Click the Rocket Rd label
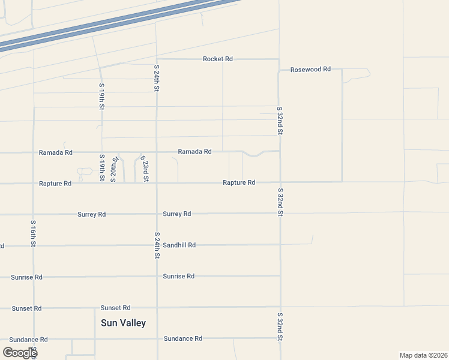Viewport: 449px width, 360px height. tap(217, 59)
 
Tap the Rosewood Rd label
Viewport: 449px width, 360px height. tap(310, 70)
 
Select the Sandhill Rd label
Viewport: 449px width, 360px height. tap(179, 245)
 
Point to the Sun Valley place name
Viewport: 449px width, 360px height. tap(123, 323)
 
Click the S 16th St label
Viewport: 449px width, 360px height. tap(33, 233)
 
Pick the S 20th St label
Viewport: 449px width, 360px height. tap(113, 167)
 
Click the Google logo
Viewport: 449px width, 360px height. tap(19, 353)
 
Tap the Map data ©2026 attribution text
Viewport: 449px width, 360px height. tap(423, 355)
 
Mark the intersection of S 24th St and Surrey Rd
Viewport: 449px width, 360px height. tap(157, 214)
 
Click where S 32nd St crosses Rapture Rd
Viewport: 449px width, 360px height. tap(280, 182)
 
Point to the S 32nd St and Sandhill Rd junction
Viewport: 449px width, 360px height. tap(280, 245)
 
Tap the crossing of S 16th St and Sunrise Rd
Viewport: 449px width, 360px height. tap(34, 277)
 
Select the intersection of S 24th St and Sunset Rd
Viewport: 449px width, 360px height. tap(157, 308)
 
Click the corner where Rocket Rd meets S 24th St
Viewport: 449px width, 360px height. tap(156, 59)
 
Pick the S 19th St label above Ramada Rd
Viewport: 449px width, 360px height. tap(101, 97)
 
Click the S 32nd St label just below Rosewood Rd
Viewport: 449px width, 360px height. tap(280, 121)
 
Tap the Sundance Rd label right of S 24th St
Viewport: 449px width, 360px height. tap(182, 339)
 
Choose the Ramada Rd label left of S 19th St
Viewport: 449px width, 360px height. tap(55, 153)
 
